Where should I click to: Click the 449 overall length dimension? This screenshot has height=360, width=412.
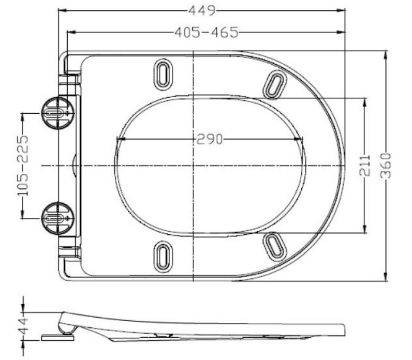(202, 11)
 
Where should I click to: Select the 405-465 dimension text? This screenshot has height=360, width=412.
(207, 33)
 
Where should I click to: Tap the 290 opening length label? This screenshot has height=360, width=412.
(210, 139)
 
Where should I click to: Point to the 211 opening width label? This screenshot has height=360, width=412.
(365, 165)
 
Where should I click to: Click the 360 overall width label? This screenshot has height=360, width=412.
(386, 166)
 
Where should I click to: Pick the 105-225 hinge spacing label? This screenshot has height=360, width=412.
(23, 166)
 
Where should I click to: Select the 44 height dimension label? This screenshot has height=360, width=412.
(23, 326)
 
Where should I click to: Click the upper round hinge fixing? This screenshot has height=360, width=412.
(57, 113)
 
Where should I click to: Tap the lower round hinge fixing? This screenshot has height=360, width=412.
(57, 218)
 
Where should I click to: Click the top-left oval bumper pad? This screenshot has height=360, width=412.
(163, 74)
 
